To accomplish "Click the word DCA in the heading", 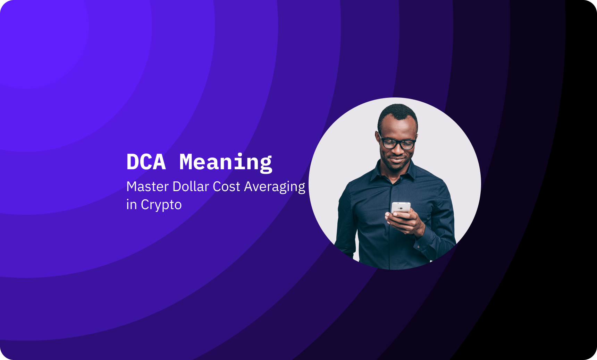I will (146, 162).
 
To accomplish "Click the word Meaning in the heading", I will (226, 162).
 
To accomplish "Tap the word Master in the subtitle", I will (148, 187).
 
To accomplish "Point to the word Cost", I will (226, 187).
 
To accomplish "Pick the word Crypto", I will (161, 205).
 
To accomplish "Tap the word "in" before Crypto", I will (131, 205).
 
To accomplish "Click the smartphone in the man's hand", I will (401, 208).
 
